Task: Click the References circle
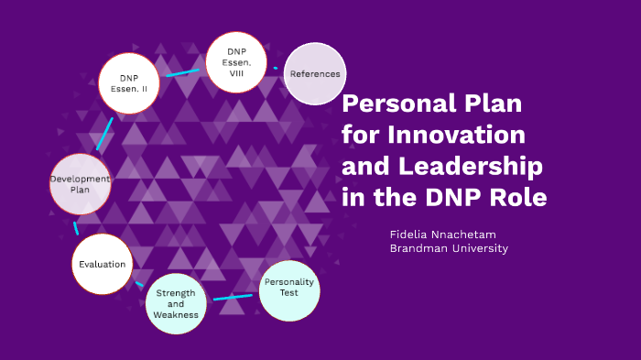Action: click(315, 74)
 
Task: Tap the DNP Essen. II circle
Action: click(128, 83)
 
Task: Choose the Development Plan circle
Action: click(81, 184)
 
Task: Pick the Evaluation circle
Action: click(102, 264)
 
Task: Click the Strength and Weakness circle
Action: click(175, 304)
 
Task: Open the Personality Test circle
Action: click(288, 288)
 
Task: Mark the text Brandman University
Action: click(449, 248)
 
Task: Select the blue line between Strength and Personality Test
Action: click(233, 297)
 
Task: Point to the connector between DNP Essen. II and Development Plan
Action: click(104, 134)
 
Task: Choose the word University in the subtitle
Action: click(477, 248)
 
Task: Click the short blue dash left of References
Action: click(276, 68)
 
